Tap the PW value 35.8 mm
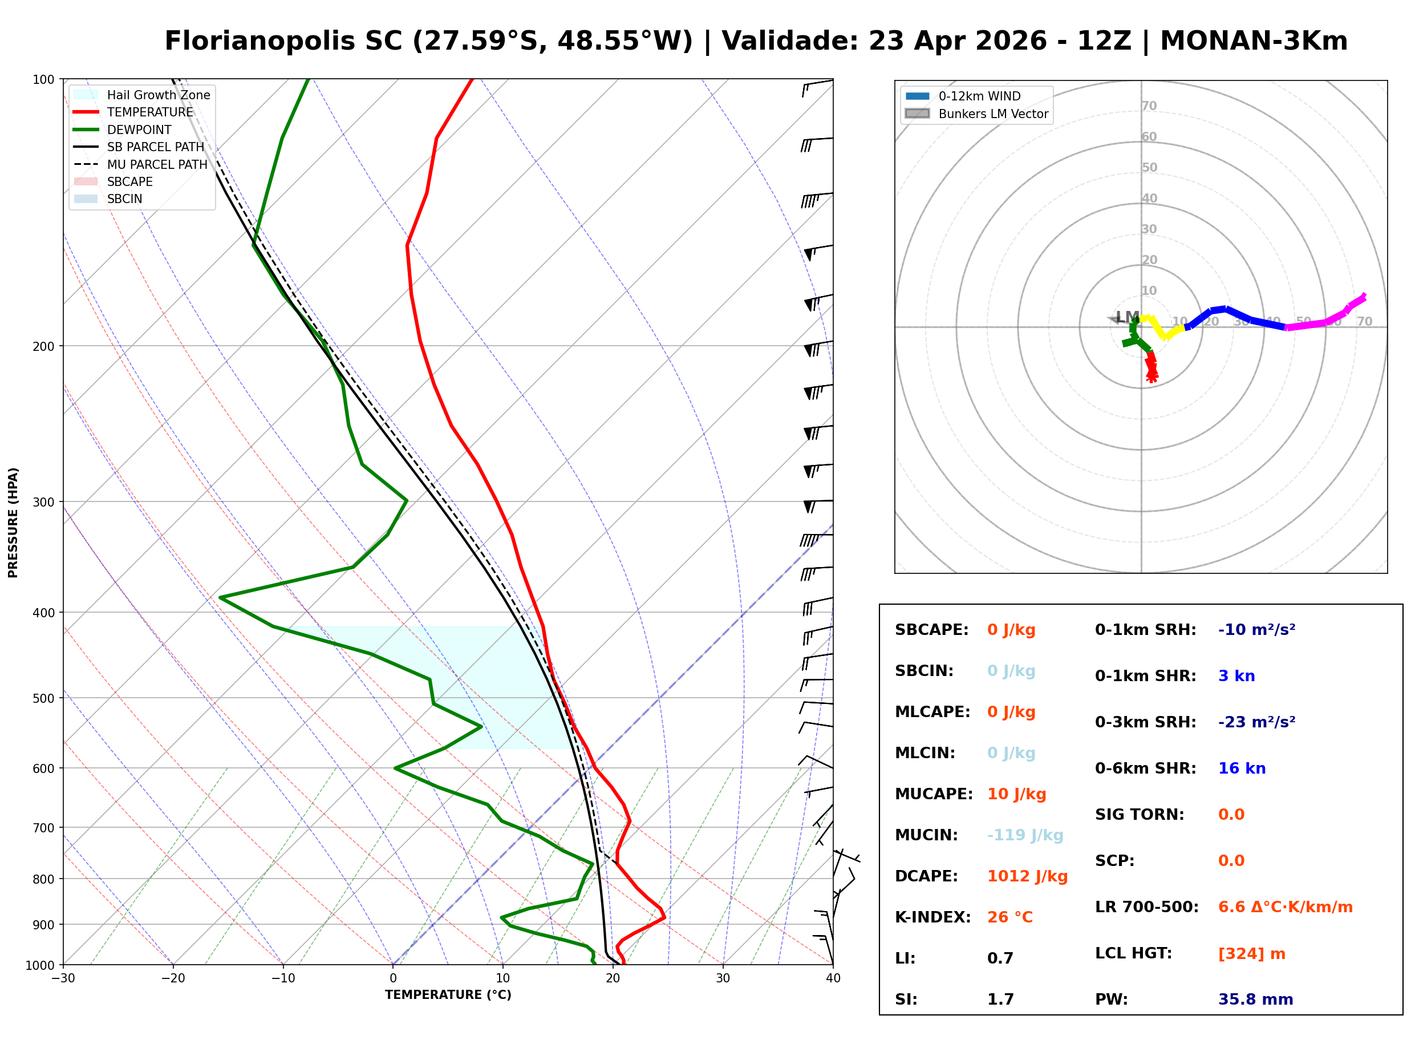coord(1254,999)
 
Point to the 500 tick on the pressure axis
coord(43,698)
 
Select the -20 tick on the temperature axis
coord(172,978)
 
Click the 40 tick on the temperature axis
coord(833,978)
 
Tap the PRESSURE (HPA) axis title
coord(13,522)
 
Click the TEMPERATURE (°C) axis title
coord(448,995)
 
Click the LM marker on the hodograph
coord(1127,317)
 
